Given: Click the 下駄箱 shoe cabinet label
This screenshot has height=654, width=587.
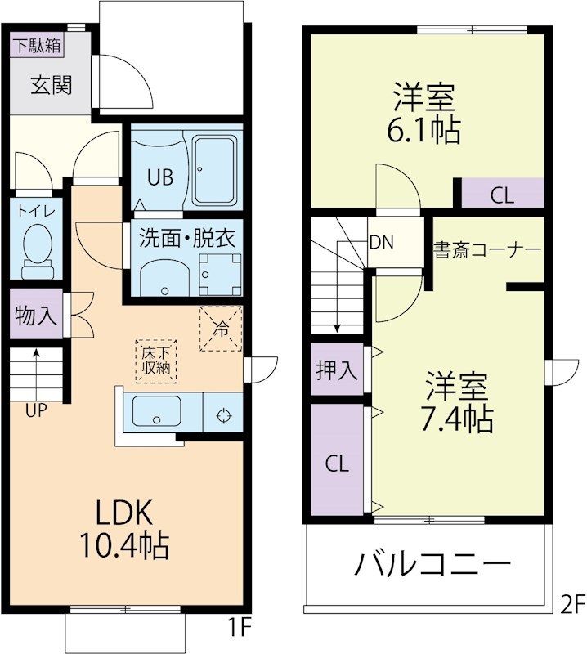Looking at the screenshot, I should (36, 46).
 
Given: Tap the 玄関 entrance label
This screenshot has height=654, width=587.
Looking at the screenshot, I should (52, 85).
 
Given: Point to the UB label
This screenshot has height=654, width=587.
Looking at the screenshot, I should (160, 177).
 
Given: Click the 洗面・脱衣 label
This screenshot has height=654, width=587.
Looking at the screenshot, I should (187, 239).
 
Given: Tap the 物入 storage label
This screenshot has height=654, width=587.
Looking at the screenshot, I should (36, 316).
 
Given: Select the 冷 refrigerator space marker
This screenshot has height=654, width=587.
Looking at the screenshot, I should (222, 329).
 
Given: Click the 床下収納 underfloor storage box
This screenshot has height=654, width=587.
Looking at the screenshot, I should (155, 360).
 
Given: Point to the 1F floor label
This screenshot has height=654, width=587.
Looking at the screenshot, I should (235, 628).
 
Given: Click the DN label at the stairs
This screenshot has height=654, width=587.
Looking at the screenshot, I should (381, 242).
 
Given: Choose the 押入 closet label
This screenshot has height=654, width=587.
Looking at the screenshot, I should (337, 370).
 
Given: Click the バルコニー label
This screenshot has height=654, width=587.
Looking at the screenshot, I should (432, 564).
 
